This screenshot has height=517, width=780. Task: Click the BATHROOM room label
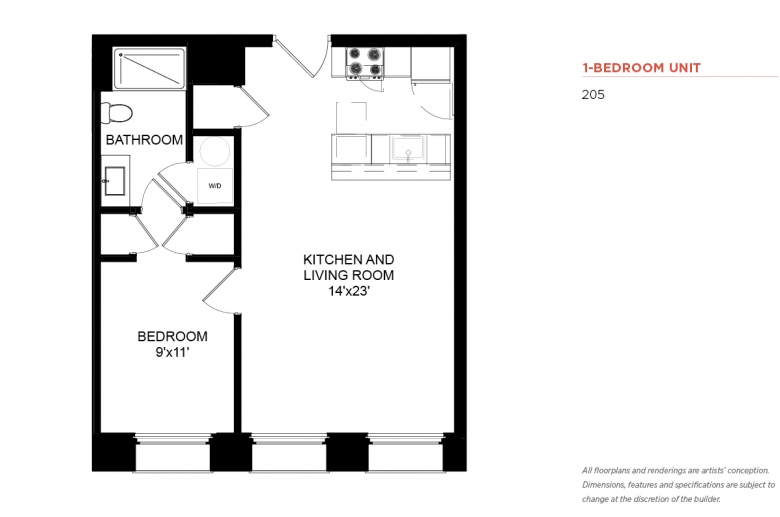pos(144,140)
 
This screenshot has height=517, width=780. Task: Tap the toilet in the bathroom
pos(116,113)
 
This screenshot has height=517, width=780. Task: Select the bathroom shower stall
pos(149,68)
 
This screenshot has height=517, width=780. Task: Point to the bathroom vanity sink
pos(114,181)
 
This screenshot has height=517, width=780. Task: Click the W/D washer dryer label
pos(215,186)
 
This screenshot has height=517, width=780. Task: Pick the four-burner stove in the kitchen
pos(366,63)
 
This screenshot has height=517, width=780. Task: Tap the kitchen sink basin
pos(407,149)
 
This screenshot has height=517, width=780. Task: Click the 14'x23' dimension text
pos(349,291)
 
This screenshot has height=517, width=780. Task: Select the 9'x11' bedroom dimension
pos(173,352)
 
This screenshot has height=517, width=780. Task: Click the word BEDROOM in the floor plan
pos(173,336)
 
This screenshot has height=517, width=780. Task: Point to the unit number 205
pos(593,95)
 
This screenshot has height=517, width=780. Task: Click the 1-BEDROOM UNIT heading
pos(642,68)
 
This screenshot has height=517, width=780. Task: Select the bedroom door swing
pos(219,291)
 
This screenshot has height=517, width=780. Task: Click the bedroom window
pos(173,452)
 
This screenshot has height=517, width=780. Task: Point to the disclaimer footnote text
pos(679,485)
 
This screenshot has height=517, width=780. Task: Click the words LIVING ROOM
pos(349,275)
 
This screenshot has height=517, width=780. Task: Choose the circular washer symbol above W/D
pos(215,151)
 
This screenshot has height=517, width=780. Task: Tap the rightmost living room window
pos(405,452)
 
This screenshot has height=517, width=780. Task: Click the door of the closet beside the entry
pos(254,105)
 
